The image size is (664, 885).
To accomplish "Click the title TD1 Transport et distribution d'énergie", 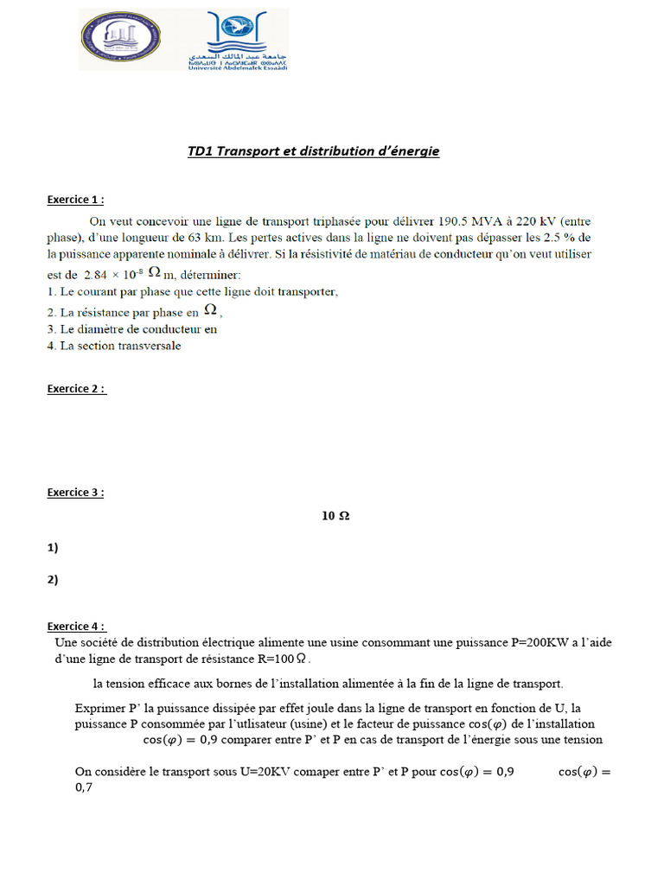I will click(313, 151).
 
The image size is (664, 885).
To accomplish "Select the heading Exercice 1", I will click(75, 200).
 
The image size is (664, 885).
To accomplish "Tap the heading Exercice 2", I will click(76, 389).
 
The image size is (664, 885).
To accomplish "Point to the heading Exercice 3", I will click(75, 493).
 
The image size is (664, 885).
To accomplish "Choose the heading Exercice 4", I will click(76, 627).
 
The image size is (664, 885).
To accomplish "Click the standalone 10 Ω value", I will click(335, 516).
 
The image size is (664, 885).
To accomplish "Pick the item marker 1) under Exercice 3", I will click(53, 547).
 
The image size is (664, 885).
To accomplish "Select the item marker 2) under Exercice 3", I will click(53, 580).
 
